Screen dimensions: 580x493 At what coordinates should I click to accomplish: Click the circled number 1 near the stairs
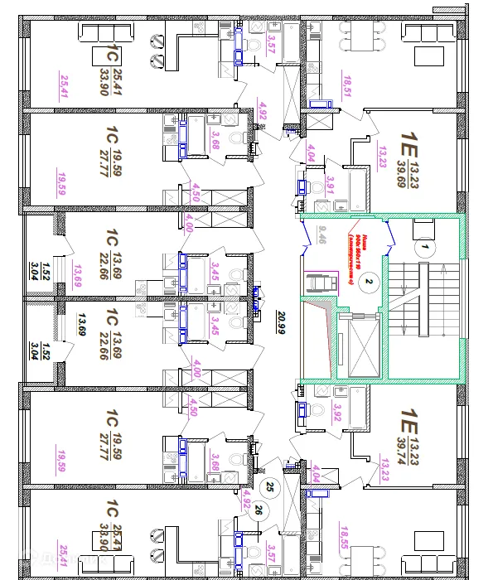[423, 246]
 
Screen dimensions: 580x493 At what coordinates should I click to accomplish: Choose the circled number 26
[259, 509]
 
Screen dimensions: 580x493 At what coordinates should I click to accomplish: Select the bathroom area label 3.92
[336, 412]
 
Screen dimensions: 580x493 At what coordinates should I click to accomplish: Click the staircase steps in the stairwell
[422, 299]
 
